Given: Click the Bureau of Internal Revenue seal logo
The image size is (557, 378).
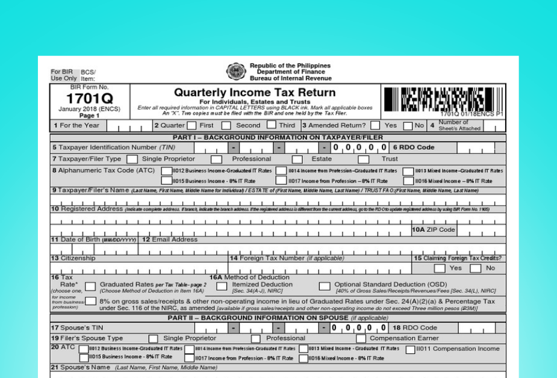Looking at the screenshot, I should [234, 72].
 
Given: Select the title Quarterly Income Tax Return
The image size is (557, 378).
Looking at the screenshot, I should [254, 93].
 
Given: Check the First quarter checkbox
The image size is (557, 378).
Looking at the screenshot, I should [191, 126].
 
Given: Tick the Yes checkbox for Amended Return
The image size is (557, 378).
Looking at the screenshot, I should [375, 126].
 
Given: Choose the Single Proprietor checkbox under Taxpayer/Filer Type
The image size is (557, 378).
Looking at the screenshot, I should [132, 159].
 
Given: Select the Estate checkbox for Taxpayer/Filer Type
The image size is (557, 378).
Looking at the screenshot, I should [297, 159].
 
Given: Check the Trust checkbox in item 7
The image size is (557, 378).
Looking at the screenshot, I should [364, 159].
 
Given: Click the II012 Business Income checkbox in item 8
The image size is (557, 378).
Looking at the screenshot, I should [167, 170].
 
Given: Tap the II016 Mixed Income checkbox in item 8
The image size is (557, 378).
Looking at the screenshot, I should [408, 180].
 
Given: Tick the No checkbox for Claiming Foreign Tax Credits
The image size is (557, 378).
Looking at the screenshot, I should [476, 268].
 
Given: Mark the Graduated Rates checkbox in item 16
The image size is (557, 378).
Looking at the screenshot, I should [90, 285].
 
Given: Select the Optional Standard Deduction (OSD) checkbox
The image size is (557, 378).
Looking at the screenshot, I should [325, 285].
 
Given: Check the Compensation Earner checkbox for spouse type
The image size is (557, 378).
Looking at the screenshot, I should [361, 338].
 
